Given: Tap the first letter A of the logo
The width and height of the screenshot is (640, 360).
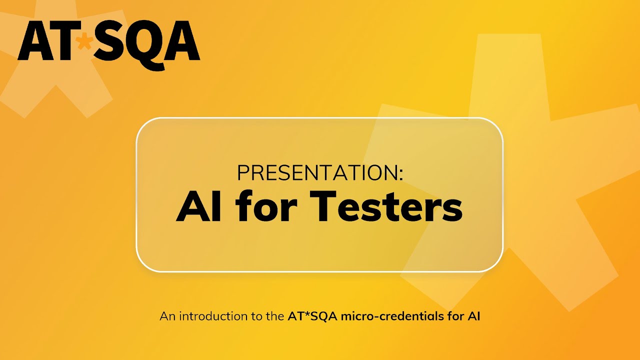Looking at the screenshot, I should point(34,41).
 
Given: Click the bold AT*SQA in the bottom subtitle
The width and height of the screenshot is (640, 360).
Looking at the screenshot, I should point(312,316).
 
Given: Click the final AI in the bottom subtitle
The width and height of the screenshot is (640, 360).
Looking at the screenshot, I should point(474,316).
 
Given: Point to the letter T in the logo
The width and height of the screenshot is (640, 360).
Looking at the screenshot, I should point(63,41).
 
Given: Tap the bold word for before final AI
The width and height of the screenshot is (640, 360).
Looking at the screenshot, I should point(455,316).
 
